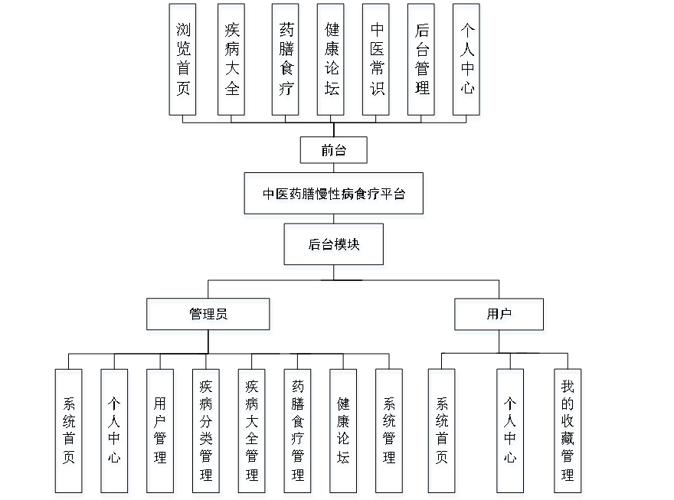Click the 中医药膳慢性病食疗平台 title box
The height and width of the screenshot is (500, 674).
tap(334, 196)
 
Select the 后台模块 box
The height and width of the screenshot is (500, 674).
tap(335, 247)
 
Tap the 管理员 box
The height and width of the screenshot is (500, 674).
tap(208, 316)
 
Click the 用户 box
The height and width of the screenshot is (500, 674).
tap(499, 316)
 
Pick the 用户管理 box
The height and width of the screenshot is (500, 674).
tap(161, 433)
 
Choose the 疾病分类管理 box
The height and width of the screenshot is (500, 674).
tap(206, 433)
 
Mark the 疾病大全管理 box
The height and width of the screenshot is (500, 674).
tap(252, 433)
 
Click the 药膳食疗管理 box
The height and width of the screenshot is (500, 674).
tap(298, 433)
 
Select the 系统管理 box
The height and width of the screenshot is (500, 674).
tap(390, 433)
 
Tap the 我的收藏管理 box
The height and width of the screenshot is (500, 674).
tap(568, 433)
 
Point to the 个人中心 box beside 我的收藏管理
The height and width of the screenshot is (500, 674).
tap(511, 433)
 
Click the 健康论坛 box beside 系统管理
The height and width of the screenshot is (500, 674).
tap(344, 433)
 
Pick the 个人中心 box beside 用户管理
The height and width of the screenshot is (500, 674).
tap(115, 433)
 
